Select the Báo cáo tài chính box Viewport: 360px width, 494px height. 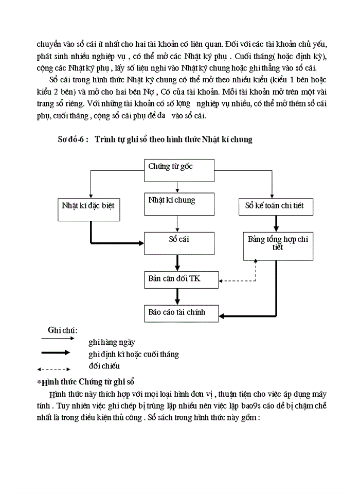coord(181,313)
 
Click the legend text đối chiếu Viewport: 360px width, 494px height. coord(104,366)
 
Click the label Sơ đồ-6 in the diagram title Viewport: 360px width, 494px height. coord(73,139)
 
